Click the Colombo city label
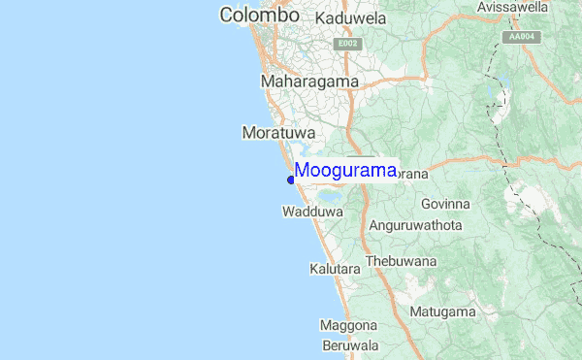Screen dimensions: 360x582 tap(259, 16)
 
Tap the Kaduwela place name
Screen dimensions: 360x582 tap(351, 18)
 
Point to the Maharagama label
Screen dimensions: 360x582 tap(309, 82)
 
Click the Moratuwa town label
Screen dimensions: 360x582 tap(275, 130)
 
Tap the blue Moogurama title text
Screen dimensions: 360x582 tap(345, 170)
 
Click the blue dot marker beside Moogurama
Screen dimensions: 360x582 tap(291, 179)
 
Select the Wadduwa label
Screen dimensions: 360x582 tap(313, 211)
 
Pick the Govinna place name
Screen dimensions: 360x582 tap(446, 204)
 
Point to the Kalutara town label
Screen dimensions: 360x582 tap(336, 267)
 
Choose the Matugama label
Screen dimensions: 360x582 tap(441, 311)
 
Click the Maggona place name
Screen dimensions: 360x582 tap(348, 327)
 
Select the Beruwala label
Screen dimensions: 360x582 tap(350, 345)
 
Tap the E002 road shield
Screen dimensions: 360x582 tap(346, 44)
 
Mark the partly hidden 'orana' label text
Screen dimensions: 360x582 tap(412, 174)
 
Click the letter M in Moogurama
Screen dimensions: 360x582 tap(303, 170)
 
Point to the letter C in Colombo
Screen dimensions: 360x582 tap(228, 16)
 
